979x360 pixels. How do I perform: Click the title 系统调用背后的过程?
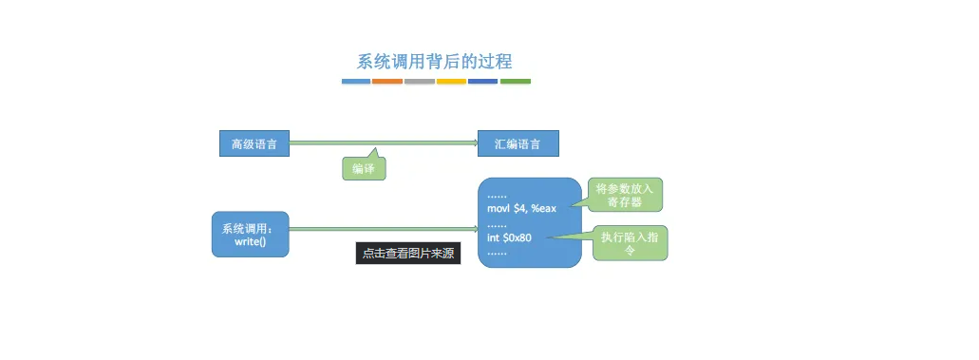[434, 62]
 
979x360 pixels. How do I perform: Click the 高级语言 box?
[254, 143]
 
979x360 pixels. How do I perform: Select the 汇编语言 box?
[518, 143]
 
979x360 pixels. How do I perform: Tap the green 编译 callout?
[363, 168]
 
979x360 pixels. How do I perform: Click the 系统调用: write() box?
[250, 235]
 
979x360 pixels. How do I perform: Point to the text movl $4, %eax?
[521, 208]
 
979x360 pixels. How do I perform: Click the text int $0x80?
[509, 237]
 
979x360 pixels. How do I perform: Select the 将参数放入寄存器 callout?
[625, 195]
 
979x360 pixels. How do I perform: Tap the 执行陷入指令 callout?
[631, 243]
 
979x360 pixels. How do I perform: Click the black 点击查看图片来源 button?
[408, 254]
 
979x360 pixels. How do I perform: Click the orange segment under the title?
[387, 82]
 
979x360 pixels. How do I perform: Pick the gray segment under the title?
[419, 82]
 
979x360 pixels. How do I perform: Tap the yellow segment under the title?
[451, 82]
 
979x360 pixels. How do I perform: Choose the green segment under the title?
[515, 82]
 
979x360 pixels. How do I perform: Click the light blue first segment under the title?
[356, 82]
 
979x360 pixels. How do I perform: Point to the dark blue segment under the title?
[482, 82]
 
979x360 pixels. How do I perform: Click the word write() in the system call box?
[250, 242]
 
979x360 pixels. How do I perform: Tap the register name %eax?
[544, 208]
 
